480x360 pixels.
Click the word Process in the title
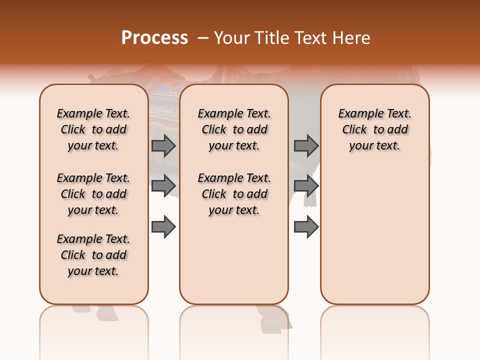click(x=154, y=37)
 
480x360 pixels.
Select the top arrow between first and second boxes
click(x=163, y=146)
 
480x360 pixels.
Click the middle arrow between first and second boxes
click(x=163, y=186)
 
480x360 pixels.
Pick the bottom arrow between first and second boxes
click(x=163, y=226)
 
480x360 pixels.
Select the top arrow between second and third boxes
click(x=306, y=146)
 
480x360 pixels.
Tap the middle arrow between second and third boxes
click(x=306, y=186)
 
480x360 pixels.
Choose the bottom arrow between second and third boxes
click(x=306, y=226)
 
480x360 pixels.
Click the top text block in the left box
click(x=93, y=129)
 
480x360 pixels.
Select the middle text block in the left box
click(x=93, y=194)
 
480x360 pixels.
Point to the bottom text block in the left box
click(x=93, y=255)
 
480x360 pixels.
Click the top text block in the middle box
click(x=234, y=129)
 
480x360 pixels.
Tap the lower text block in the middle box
click(x=234, y=194)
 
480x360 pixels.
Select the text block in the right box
click(x=375, y=129)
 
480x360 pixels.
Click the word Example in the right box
click(x=357, y=114)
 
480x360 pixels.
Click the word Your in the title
click(x=229, y=37)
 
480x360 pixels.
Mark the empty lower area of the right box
click(x=375, y=230)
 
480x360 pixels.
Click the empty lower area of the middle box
click(x=234, y=260)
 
